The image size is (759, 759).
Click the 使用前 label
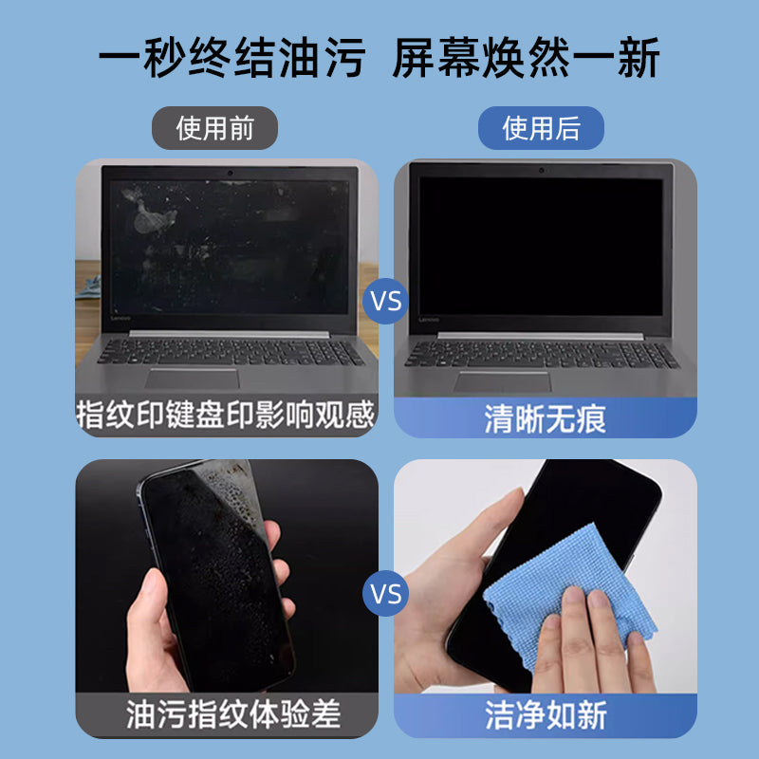(x=215, y=127)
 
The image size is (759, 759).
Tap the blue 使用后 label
(x=541, y=127)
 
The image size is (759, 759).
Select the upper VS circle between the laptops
(x=385, y=303)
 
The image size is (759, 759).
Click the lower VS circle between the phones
(x=385, y=595)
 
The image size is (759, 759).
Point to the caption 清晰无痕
(x=545, y=417)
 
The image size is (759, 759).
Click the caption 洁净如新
(x=545, y=714)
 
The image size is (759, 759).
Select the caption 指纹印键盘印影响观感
(x=226, y=416)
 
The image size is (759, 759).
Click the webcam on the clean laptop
(x=542, y=172)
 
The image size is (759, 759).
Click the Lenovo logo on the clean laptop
(x=424, y=322)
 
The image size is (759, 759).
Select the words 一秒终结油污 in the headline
(x=231, y=60)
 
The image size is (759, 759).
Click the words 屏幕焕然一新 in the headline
(x=526, y=60)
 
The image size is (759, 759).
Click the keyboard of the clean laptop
(x=541, y=353)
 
